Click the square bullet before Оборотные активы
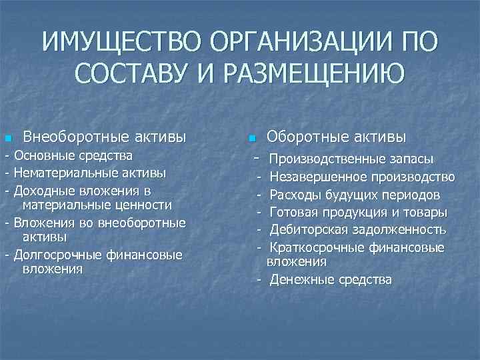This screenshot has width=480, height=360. [251, 139]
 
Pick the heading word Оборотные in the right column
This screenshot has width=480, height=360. [306, 137]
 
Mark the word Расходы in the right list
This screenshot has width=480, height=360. [294, 195]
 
